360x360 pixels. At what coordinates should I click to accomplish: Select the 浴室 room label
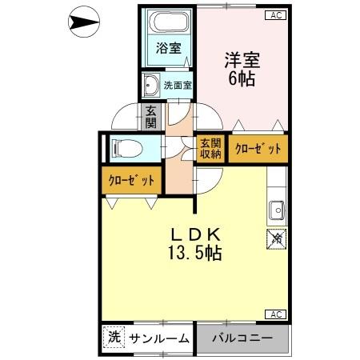(x=166, y=48)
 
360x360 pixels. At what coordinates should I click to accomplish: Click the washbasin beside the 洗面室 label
(x=150, y=82)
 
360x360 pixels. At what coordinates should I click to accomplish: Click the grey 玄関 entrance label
(x=151, y=118)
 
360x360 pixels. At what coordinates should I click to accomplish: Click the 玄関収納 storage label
(x=210, y=149)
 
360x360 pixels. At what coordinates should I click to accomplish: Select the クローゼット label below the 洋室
(x=258, y=149)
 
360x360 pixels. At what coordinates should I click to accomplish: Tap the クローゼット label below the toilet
(x=131, y=180)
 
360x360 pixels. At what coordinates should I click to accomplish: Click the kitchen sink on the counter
(x=277, y=208)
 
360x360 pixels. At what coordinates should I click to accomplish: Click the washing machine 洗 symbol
(x=113, y=338)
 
